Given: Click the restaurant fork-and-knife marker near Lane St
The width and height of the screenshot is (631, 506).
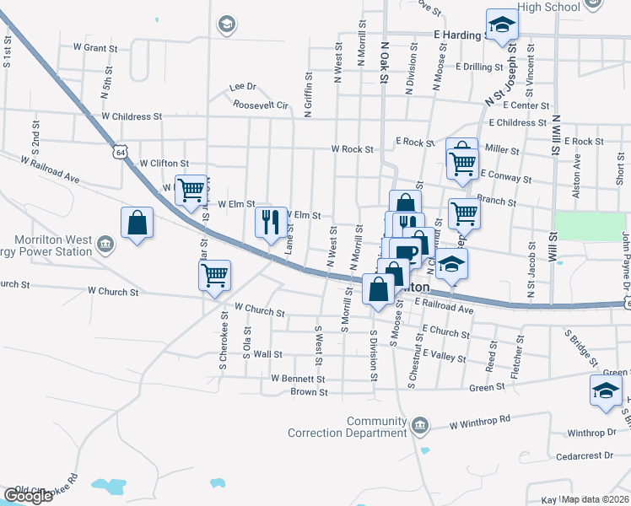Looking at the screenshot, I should click(271, 223).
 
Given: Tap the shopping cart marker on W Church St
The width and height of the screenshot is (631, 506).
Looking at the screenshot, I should click(214, 274).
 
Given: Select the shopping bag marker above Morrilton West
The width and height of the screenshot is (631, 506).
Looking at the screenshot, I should click(137, 223).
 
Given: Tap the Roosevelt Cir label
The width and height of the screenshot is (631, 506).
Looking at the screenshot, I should click(261, 105).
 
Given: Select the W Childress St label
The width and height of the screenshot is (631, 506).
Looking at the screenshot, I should click(131, 116).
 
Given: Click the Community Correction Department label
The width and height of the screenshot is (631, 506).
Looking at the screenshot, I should click(348, 427).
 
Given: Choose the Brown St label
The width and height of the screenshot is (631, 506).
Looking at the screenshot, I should click(309, 392).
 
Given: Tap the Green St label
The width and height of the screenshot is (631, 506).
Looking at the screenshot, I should click(487, 387).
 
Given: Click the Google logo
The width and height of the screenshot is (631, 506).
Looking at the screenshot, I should click(27, 496).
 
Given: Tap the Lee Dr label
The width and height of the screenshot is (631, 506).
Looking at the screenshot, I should click(242, 86).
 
